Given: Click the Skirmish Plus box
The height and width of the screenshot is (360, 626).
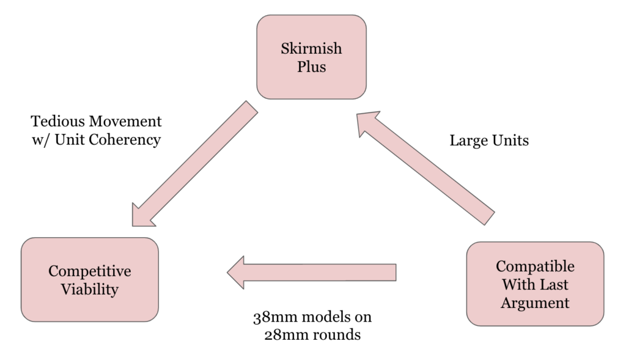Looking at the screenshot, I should click(x=311, y=57).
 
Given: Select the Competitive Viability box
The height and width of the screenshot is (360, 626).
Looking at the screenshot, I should click(x=90, y=279).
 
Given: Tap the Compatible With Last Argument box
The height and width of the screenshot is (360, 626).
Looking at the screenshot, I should click(x=535, y=284).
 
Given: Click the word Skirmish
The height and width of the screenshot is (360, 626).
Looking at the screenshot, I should click(x=312, y=48).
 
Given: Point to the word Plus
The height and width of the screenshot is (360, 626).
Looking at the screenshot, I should click(x=312, y=66).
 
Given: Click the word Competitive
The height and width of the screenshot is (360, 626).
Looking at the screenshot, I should click(x=90, y=271).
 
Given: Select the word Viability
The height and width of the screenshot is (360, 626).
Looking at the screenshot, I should click(x=90, y=288).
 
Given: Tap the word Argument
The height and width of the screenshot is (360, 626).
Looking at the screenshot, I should click(x=535, y=302).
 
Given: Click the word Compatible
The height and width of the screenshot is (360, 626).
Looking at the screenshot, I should click(x=535, y=266).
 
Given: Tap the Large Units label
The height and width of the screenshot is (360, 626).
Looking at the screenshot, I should click(x=489, y=141).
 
